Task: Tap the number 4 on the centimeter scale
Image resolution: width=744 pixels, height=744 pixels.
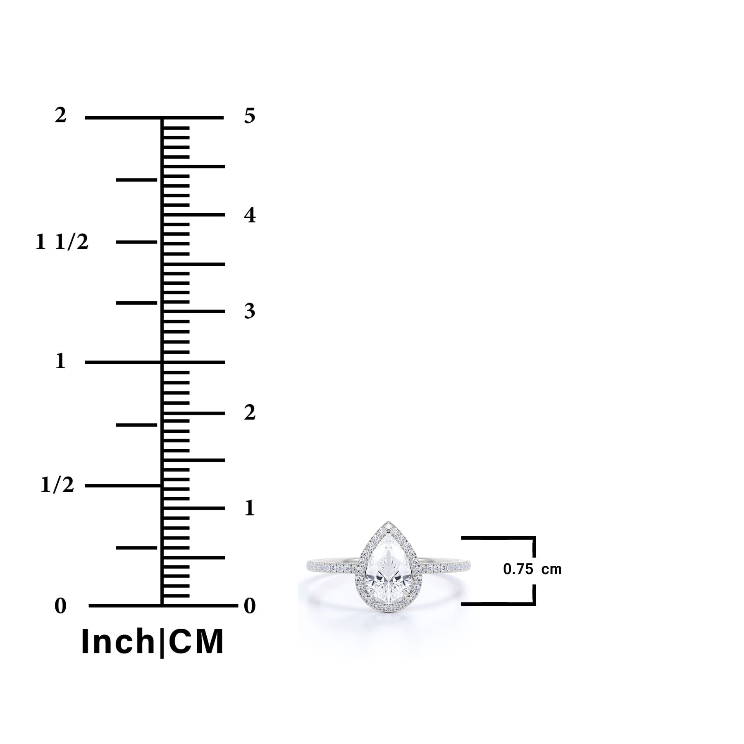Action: coord(250,215)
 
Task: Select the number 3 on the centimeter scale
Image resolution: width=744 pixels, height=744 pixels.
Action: coord(250,311)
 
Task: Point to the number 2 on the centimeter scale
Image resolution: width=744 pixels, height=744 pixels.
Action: coord(250,413)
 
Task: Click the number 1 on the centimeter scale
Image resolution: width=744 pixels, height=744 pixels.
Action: coord(249,508)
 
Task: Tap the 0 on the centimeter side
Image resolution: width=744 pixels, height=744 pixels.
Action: coord(250,606)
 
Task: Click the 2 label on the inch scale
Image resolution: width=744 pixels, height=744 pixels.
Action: coord(60,115)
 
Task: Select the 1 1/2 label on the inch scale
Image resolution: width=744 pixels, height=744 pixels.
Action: coord(62,242)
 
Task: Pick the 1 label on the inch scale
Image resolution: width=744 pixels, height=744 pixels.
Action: coord(60,361)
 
